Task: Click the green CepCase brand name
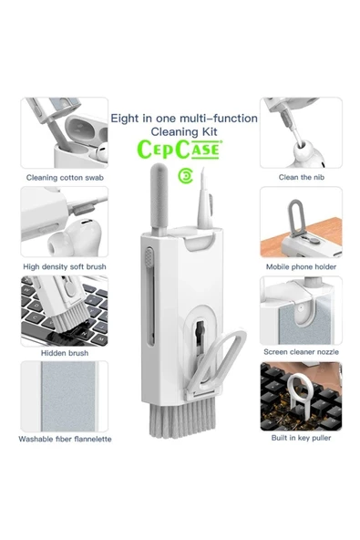click(x=179, y=150)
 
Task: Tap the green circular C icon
click(x=186, y=176)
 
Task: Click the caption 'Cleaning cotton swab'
click(x=65, y=178)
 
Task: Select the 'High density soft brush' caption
click(x=65, y=266)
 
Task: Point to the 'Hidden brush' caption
click(x=65, y=353)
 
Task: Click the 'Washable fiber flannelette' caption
click(x=65, y=439)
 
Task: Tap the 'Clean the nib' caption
click(x=302, y=177)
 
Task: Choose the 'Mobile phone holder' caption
click(x=301, y=266)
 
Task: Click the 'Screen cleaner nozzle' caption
click(x=301, y=352)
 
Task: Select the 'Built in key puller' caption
click(x=301, y=438)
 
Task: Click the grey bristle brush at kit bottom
click(x=182, y=418)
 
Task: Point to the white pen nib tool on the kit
click(x=205, y=200)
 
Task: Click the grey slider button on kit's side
click(x=149, y=258)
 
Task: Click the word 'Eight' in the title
click(x=125, y=119)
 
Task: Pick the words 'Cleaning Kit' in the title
click(x=184, y=131)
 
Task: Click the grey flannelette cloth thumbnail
click(x=68, y=397)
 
